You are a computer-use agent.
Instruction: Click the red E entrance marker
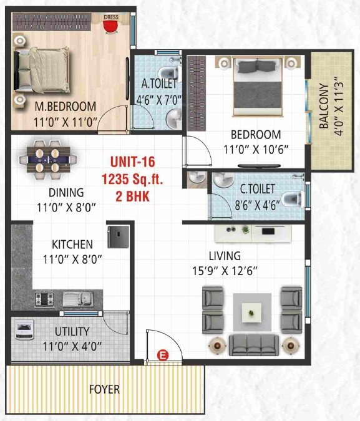164,356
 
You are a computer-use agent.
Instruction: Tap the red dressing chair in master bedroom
110,27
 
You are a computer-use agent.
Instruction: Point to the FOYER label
104,390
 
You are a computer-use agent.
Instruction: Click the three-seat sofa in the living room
252,344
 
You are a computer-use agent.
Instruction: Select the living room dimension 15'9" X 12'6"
225,271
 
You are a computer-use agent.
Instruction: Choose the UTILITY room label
72,331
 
